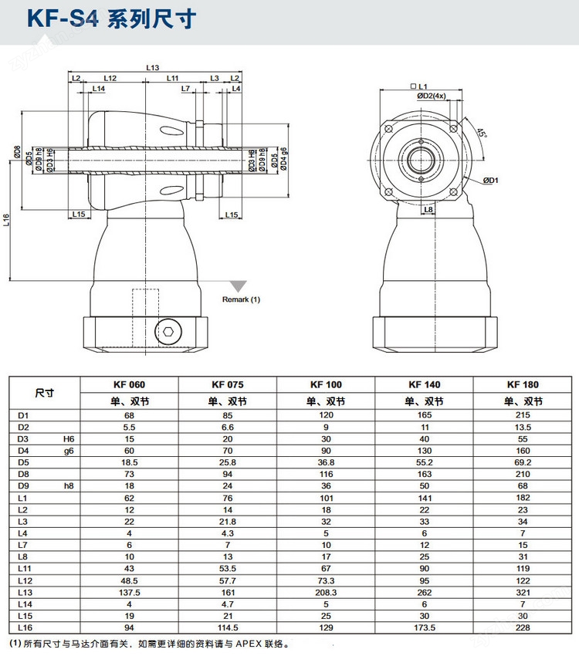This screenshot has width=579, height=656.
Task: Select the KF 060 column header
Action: (129, 384)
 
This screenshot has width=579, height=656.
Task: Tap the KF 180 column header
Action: (523, 384)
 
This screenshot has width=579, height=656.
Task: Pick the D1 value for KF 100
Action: (326, 415)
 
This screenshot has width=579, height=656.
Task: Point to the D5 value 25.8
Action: (227, 462)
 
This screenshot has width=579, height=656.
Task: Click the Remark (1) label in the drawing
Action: (241, 299)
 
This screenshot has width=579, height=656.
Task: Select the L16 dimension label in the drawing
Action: (6, 221)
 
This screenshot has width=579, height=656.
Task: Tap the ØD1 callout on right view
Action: (491, 180)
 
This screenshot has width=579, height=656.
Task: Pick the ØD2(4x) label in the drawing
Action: (432, 96)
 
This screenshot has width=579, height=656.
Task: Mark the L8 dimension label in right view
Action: (428, 208)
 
